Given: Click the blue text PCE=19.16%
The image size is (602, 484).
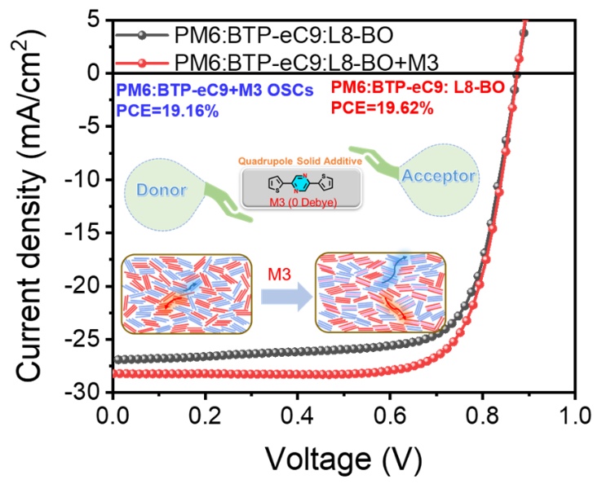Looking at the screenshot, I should point(167,111).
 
